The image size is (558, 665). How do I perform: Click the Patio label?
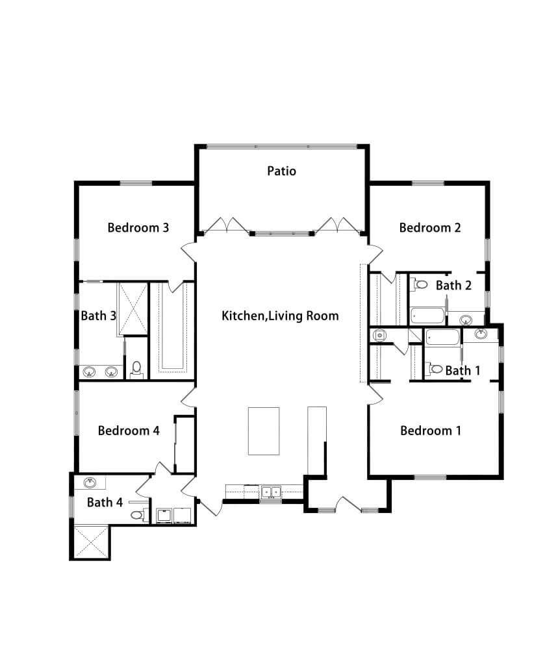(x=281, y=171)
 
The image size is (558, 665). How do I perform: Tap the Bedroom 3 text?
(x=138, y=228)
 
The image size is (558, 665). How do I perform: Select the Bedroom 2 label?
(x=430, y=228)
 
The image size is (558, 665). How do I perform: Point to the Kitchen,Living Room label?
(x=280, y=316)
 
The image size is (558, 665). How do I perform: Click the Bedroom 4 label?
(x=129, y=431)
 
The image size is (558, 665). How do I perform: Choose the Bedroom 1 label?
(x=431, y=431)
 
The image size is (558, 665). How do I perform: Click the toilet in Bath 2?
(x=420, y=284)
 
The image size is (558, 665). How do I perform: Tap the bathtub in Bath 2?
(x=428, y=316)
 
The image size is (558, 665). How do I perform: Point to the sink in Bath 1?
(x=480, y=334)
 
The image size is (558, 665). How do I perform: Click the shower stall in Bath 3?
(x=133, y=308)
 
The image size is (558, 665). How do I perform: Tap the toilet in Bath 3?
(x=136, y=370)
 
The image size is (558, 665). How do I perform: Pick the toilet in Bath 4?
(x=137, y=515)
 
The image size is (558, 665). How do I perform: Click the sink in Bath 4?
(x=90, y=483)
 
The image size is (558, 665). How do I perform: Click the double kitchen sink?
(x=272, y=492)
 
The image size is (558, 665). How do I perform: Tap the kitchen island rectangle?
(x=264, y=431)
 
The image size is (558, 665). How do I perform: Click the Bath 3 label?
(x=99, y=316)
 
